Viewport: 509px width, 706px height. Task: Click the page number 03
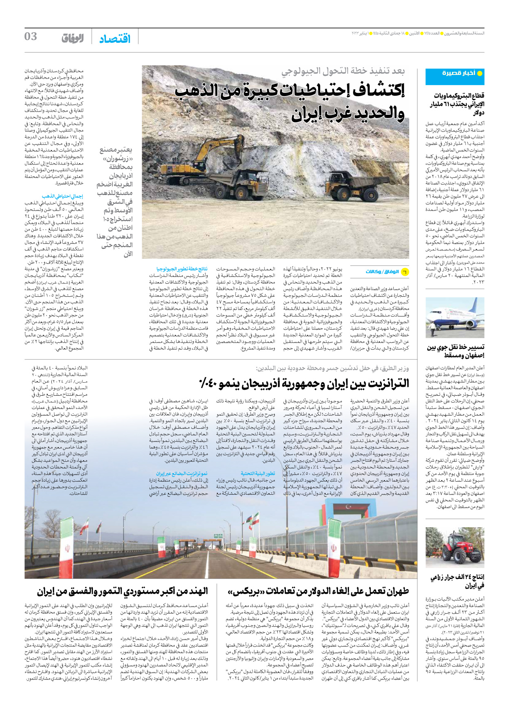pos(31,37)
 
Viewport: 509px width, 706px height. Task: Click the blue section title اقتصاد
pos(115,39)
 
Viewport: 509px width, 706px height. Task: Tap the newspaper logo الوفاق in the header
pos(72,39)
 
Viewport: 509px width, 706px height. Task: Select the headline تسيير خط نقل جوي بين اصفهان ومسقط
pos(455,351)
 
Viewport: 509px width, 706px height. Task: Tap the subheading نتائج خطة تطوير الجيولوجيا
pos(182,269)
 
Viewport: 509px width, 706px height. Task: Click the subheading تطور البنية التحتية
pos(258,474)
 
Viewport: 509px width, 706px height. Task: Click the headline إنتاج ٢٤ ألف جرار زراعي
pos(457,581)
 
